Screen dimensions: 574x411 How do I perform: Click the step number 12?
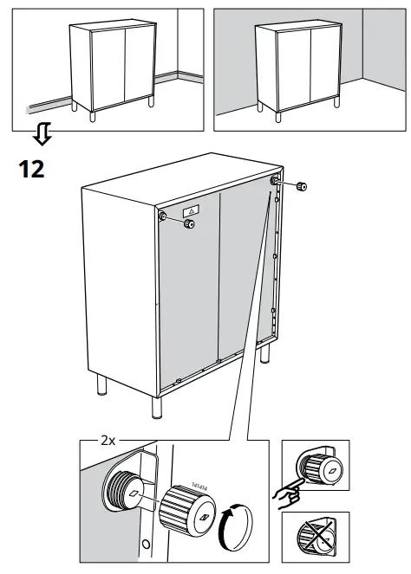tap(31, 168)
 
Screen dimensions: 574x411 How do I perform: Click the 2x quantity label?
tap(108, 441)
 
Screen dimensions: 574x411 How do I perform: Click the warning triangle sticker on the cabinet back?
tap(192, 210)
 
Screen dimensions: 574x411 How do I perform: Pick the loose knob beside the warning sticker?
tap(188, 224)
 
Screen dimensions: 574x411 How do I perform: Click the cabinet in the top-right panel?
tap(296, 67)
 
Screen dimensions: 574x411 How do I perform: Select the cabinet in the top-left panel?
tap(110, 67)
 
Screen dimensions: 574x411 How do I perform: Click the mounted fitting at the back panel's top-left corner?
tap(163, 216)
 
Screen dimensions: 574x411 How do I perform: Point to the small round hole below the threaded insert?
tap(146, 544)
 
